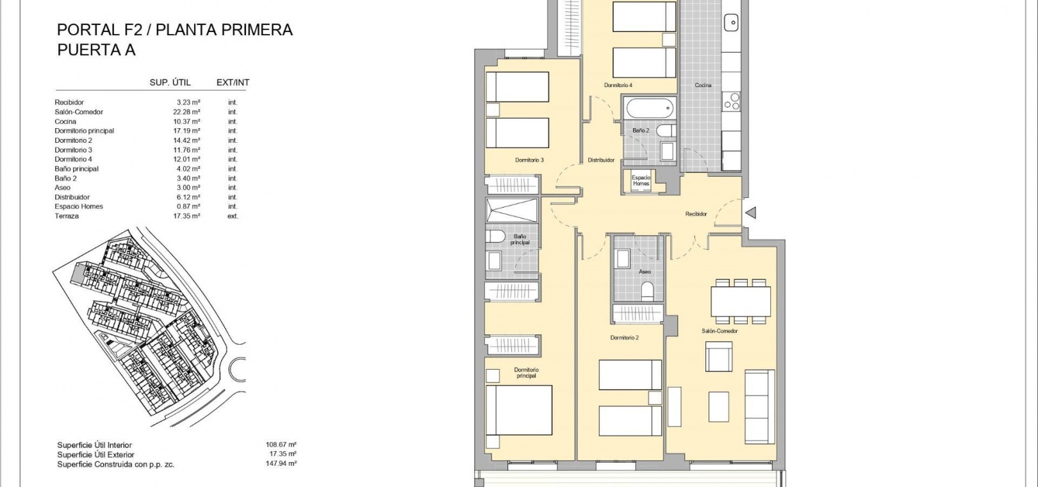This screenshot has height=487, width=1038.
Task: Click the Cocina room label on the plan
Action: click(x=702, y=85)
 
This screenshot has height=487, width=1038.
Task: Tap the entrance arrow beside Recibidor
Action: click(x=751, y=213)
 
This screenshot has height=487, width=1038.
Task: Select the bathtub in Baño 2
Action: click(x=649, y=108)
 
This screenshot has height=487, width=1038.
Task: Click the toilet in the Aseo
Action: click(x=647, y=291)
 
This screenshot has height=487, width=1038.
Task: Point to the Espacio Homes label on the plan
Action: click(x=641, y=180)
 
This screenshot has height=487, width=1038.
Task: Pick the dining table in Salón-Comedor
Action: click(x=741, y=301)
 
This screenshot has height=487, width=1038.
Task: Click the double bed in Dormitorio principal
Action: click(x=519, y=410)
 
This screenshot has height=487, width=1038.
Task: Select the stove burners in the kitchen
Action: click(x=732, y=101)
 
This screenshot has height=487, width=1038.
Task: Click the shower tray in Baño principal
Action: click(x=511, y=210)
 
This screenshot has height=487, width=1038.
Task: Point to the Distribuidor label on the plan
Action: click(x=601, y=160)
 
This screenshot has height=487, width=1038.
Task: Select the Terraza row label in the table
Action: click(x=67, y=217)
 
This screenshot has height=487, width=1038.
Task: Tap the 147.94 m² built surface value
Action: click(x=281, y=463)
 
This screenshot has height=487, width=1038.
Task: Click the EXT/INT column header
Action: click(x=233, y=83)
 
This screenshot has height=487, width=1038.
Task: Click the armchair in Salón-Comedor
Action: click(x=719, y=357)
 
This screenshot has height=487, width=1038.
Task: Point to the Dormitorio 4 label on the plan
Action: click(x=618, y=85)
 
